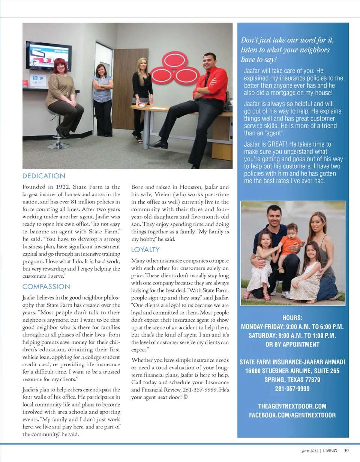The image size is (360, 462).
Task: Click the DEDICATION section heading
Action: [x=44, y=176]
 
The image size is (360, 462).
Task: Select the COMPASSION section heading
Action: [x=46, y=287]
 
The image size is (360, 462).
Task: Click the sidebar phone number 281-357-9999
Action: [x=292, y=389]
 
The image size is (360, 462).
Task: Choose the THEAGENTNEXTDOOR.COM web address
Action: [x=292, y=406]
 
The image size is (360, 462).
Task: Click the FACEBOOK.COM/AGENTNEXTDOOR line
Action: [x=292, y=415]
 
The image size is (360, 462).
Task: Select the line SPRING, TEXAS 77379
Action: [x=292, y=380]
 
